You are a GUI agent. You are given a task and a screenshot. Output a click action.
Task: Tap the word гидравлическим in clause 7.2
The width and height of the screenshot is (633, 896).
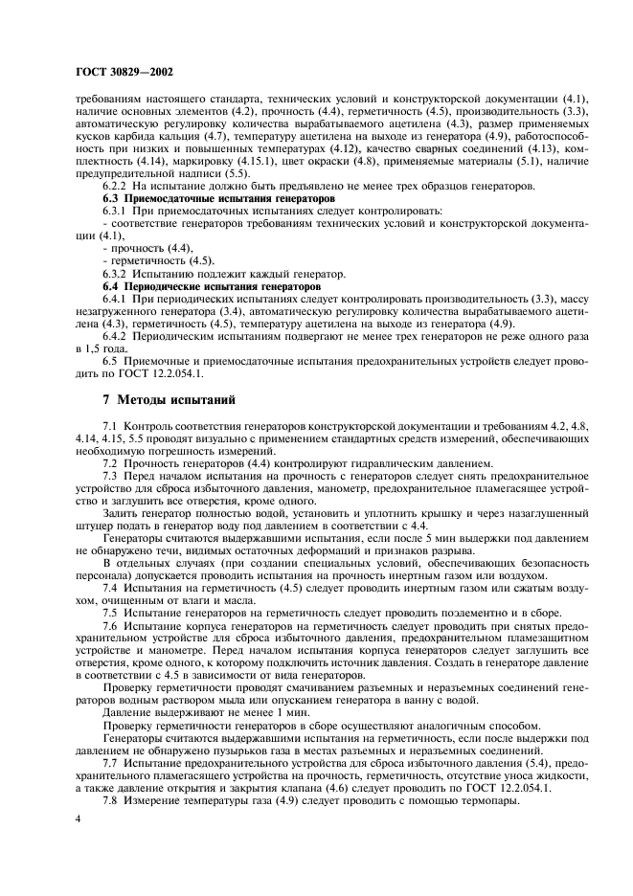click(x=379, y=463)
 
